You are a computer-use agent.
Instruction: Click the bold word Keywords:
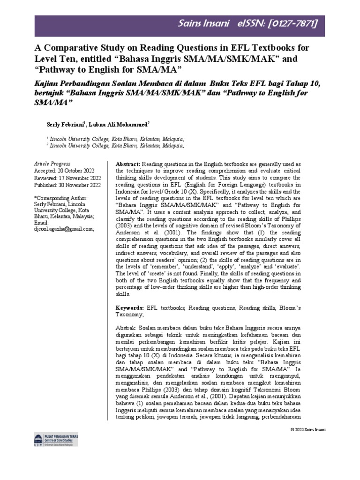pos(130,308)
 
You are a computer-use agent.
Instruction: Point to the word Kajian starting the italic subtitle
pos(46,83)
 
